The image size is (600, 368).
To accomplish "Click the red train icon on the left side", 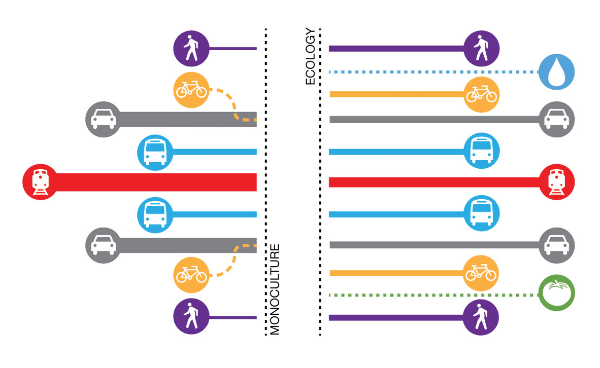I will tap(40, 182).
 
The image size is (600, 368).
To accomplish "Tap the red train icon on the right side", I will tap(557, 182).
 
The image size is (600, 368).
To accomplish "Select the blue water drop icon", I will tap(556, 71).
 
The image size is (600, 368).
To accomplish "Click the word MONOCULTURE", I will tap(275, 289).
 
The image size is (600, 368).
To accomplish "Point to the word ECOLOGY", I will tap(311, 57).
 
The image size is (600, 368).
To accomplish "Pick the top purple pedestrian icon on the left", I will tap(191, 49).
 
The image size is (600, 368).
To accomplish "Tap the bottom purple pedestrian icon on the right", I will tap(481, 318).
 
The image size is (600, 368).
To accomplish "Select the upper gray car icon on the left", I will tap(103, 120).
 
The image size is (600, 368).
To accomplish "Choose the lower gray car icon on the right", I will tap(557, 245).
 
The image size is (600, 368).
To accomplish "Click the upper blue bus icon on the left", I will tap(155, 152).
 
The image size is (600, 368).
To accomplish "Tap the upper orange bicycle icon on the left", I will tap(191, 91).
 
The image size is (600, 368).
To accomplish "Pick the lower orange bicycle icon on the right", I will tap(481, 273).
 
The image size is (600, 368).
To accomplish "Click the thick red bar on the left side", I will tap(152, 182).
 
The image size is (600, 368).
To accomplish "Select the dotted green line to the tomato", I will tap(431, 295).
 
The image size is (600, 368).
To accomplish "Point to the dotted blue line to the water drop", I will tap(431, 72).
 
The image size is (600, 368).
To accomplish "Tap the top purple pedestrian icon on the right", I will tap(481, 49).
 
